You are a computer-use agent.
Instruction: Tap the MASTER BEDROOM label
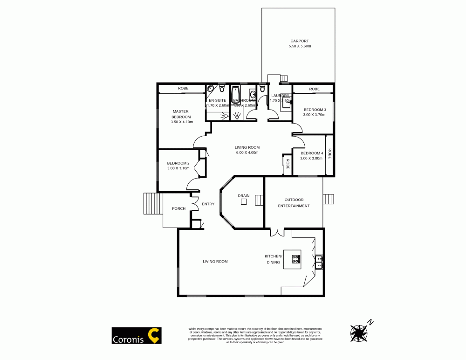click(180, 114)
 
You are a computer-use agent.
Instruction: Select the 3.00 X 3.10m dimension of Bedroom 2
click(178, 168)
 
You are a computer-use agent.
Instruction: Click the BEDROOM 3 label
click(315, 110)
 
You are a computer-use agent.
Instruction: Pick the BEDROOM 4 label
click(311, 153)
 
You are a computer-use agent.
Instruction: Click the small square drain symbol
click(244, 201)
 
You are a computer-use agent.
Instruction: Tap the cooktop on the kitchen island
click(296, 259)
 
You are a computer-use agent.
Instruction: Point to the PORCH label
click(178, 208)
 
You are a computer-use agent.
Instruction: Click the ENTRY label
click(208, 204)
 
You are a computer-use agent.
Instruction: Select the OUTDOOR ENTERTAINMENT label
click(294, 203)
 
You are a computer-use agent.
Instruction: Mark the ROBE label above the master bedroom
click(183, 89)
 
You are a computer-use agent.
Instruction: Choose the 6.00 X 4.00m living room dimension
click(247, 152)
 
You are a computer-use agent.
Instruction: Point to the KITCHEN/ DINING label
click(273, 259)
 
